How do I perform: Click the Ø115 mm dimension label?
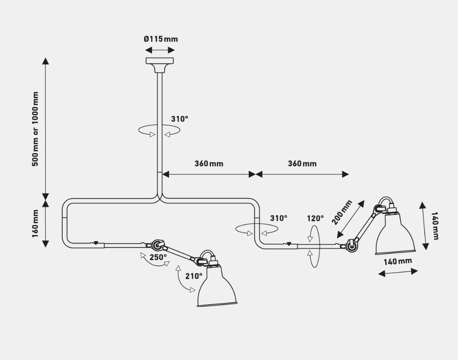pyautogui.click(x=160, y=39)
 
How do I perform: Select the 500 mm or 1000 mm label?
pyautogui.click(x=36, y=129)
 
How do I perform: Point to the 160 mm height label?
pyautogui.click(x=36, y=223)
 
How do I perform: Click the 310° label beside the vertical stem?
pyautogui.click(x=180, y=119)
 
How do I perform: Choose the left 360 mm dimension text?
pyautogui.click(x=209, y=163)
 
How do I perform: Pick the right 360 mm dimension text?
pyautogui.click(x=302, y=163)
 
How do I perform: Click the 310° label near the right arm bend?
pyautogui.click(x=278, y=218)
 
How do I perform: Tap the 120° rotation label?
pyautogui.click(x=315, y=219)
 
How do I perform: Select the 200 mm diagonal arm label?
pyautogui.click(x=342, y=213)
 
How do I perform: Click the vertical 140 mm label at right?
pyautogui.click(x=435, y=225)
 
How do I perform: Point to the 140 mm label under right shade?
pyautogui.click(x=398, y=261)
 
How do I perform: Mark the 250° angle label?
pyautogui.click(x=158, y=258)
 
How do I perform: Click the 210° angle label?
pyautogui.click(x=194, y=276)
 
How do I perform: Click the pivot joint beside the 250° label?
pyautogui.click(x=156, y=245)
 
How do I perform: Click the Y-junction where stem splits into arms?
pyautogui.click(x=160, y=197)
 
